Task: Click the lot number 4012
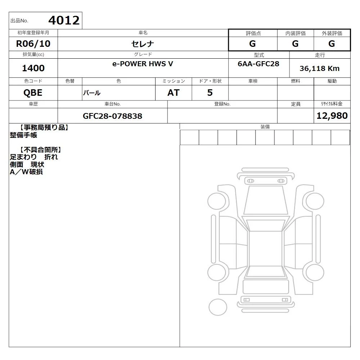(64, 20)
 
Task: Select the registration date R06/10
(33, 44)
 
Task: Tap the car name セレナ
(143, 44)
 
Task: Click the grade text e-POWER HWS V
(143, 64)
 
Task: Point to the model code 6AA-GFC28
(258, 64)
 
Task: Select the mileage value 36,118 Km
(319, 68)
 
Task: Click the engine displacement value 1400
(33, 68)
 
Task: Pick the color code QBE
(33, 93)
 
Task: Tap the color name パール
(91, 93)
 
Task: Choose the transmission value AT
(174, 93)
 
